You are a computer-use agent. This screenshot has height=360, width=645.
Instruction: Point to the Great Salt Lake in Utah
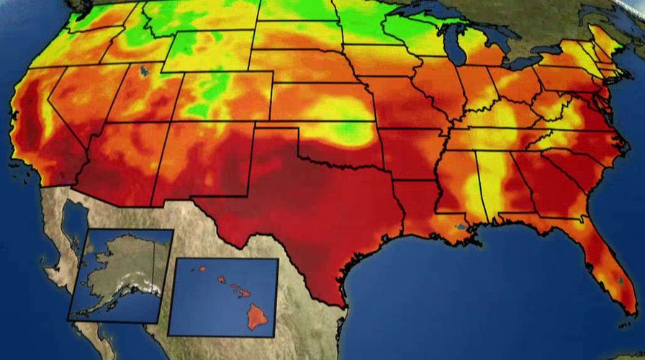point(145,71)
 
